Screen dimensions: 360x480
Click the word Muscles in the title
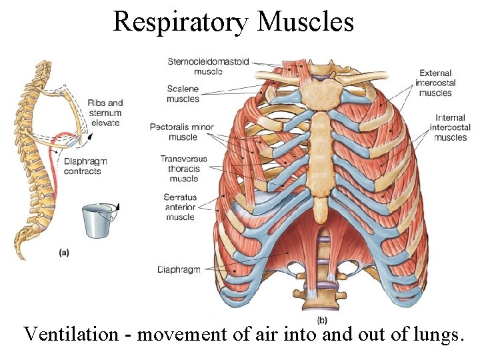coord(305,21)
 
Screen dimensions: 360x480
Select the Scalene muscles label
coord(183,94)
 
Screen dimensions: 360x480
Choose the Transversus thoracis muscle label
coord(183,169)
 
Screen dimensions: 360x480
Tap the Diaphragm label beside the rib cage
coord(179,269)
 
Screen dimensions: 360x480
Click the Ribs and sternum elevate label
coord(105,113)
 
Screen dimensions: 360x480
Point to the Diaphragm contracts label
coord(85,167)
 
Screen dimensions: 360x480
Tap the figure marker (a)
coord(64,252)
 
